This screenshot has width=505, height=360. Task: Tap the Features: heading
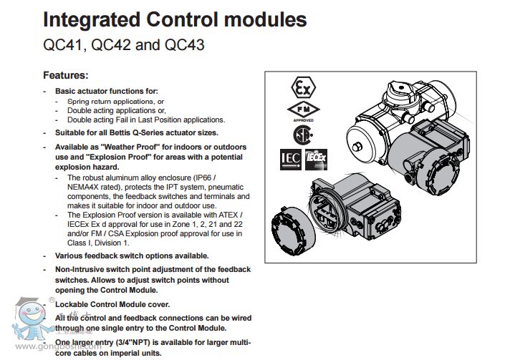[x=66, y=75]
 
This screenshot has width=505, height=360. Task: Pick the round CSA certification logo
[x=297, y=135]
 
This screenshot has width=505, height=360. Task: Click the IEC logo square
[x=289, y=159]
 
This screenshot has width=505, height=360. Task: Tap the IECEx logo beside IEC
[x=315, y=160]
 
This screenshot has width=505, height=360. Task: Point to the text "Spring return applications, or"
[x=115, y=102]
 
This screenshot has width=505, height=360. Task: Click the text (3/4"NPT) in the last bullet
[x=138, y=342]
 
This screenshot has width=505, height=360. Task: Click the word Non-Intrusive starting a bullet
[x=82, y=269]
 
